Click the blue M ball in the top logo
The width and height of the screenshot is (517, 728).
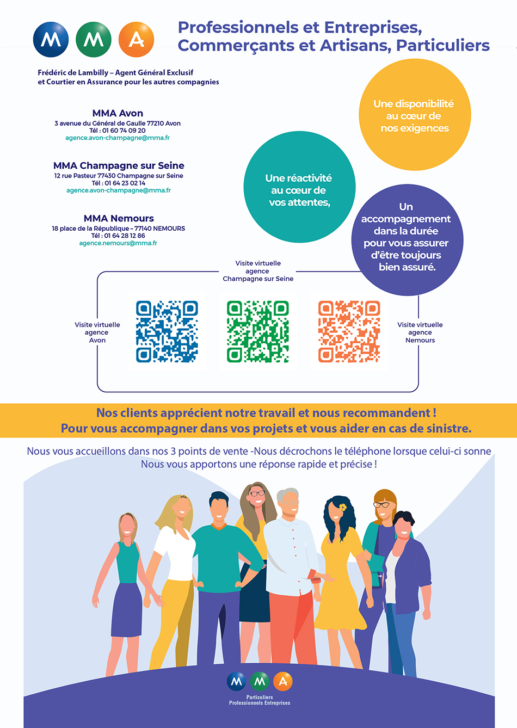(x=51, y=39)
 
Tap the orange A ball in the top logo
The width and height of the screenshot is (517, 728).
(x=136, y=39)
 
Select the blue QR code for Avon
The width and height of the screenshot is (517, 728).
(x=167, y=331)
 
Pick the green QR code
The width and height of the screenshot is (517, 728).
(x=258, y=331)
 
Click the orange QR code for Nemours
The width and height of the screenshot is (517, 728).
(x=349, y=331)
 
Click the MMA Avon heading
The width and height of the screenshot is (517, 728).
(x=118, y=113)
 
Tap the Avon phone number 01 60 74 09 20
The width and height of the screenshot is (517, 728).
(x=124, y=131)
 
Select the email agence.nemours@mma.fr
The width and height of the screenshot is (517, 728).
(x=118, y=243)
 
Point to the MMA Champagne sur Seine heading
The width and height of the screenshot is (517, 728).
(x=119, y=165)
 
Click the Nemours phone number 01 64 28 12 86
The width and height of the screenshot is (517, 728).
(x=125, y=236)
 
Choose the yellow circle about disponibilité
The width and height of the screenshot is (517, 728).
(x=415, y=115)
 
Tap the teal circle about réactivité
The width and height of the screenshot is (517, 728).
(x=299, y=187)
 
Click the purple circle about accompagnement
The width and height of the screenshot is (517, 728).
(x=407, y=240)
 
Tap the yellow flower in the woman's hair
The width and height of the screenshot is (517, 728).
(x=342, y=507)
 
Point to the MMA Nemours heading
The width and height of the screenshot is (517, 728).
(x=119, y=218)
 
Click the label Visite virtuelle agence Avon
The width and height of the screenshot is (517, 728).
(x=97, y=332)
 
